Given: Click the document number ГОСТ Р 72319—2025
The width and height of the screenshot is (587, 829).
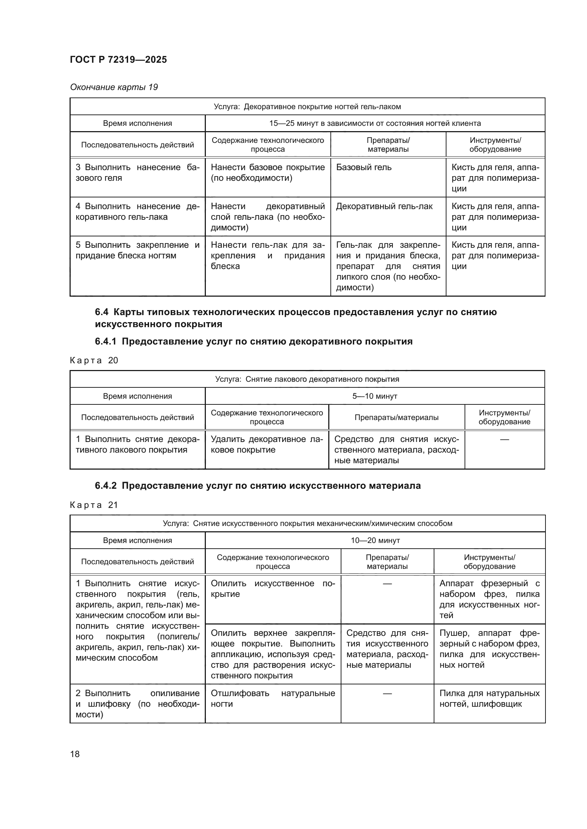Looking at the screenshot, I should [x=118, y=60].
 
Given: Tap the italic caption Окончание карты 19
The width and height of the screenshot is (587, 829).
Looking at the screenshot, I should [x=114, y=87].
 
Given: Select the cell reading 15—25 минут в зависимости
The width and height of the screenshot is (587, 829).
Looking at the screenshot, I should [x=375, y=123].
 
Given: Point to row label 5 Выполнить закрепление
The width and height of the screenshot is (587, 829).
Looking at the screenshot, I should [x=137, y=250].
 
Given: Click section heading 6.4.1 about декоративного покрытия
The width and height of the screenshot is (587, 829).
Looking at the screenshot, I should [x=253, y=341].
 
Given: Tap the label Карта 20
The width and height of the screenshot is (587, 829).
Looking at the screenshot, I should [x=94, y=360].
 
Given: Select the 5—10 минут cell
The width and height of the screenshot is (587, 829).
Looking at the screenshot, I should [x=375, y=396].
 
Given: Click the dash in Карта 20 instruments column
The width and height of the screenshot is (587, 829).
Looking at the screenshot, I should [x=504, y=439].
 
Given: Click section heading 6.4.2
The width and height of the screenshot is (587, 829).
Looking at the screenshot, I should [x=258, y=486].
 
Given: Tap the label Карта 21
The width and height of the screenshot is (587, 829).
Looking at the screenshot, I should [x=94, y=505].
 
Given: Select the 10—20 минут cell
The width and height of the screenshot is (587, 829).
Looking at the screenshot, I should [x=375, y=540].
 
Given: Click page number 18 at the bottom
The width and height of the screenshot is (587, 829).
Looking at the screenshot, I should [x=75, y=754].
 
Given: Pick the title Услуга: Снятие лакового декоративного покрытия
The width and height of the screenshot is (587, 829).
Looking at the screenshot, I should [x=307, y=379].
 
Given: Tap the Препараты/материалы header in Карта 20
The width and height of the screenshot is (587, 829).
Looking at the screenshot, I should [x=396, y=418].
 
